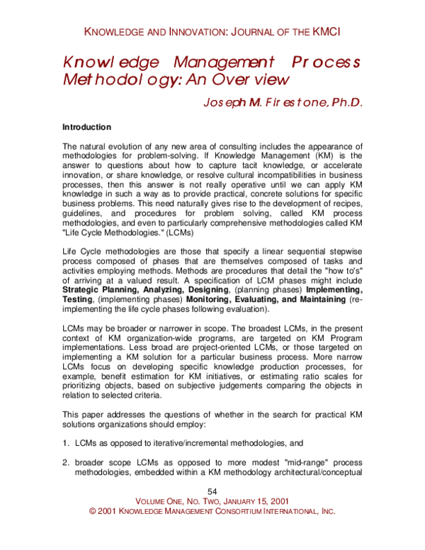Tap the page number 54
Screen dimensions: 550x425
[212, 492]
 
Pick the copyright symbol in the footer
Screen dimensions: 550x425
[92, 511]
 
